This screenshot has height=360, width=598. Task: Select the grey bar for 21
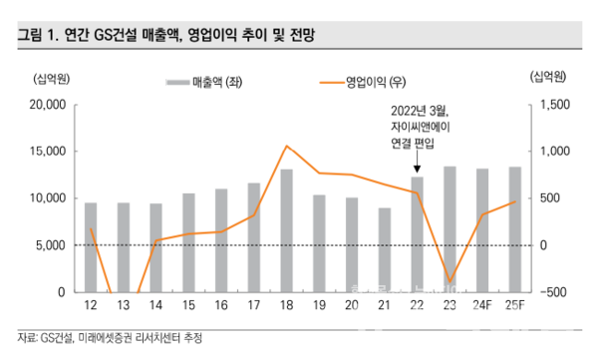(x=384, y=249)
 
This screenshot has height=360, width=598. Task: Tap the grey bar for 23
(x=449, y=228)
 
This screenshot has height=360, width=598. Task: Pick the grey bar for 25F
(x=514, y=229)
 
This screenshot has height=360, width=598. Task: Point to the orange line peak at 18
(x=286, y=147)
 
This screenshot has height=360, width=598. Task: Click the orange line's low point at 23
(x=449, y=283)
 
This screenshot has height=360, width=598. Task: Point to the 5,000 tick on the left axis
(x=48, y=244)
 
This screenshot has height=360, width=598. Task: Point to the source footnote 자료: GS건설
(x=110, y=338)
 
